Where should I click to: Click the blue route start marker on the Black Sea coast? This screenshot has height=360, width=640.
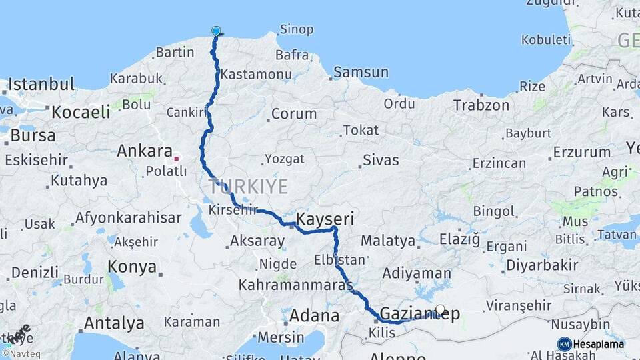(x=216, y=31)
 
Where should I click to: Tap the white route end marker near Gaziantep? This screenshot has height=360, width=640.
(x=440, y=309)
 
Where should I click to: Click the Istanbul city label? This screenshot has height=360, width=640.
(x=41, y=85)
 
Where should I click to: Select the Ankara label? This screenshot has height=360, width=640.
(x=145, y=151)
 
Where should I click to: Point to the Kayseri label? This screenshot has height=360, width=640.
(x=324, y=219)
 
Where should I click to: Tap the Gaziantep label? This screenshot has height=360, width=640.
(x=419, y=314)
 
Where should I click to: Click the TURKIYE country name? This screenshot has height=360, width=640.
(x=248, y=186)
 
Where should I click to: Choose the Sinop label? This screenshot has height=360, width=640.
(x=297, y=29)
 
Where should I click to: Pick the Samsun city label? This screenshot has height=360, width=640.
(x=361, y=72)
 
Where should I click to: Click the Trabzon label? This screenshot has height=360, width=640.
(x=481, y=105)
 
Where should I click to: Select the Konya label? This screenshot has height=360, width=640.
(x=132, y=267)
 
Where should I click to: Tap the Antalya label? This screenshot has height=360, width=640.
(x=114, y=323)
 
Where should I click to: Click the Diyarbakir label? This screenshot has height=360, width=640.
(x=541, y=265)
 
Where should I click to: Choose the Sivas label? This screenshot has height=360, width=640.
(x=381, y=160)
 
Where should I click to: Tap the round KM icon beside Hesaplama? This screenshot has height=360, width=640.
(x=565, y=344)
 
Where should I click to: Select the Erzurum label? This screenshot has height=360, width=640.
(x=581, y=153)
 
